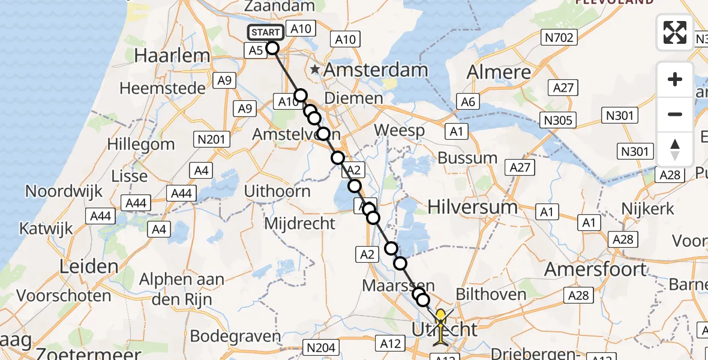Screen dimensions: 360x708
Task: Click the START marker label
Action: point(265,32)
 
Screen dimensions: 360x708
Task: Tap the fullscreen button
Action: point(675,32)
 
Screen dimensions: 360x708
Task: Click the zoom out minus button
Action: point(675,114)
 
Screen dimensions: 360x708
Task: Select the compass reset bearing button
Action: point(675,149)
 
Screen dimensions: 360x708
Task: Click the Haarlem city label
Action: point(172,56)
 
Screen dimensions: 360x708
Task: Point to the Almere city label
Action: point(499,73)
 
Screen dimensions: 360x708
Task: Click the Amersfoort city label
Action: point(596,269)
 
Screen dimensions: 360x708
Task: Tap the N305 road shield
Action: point(557,121)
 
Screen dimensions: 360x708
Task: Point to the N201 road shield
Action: point(211,140)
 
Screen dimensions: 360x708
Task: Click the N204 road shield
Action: point(322,347)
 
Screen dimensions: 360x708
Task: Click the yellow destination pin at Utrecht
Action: point(440,316)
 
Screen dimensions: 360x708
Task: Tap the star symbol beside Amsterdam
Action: point(315,70)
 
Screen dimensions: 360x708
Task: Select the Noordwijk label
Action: point(63,191)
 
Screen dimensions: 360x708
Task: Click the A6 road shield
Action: point(468,102)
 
